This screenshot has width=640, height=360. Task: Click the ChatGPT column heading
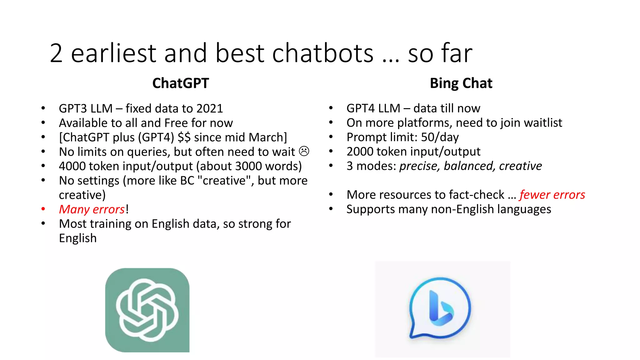coord(180,83)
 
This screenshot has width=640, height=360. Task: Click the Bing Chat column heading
coord(461,83)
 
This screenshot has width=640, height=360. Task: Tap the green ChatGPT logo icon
coord(147,310)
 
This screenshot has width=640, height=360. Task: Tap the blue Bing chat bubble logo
coord(440,308)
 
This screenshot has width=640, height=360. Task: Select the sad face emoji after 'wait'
coord(304,151)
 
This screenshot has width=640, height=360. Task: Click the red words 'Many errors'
coord(92,209)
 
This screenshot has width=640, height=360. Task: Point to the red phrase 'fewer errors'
coord(552,195)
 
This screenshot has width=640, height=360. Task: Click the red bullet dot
coord(43,209)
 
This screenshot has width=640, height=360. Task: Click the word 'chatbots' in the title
coord(323,53)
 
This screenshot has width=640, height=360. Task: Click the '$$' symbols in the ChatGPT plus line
coord(184,137)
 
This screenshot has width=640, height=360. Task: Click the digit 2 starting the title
coord(56,53)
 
